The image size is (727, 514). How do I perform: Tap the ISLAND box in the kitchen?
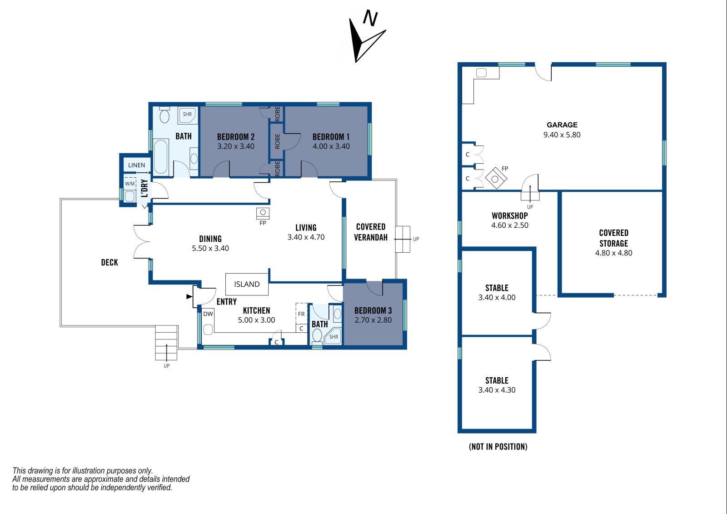(x=247, y=284)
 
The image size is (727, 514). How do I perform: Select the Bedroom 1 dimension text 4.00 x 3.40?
(x=331, y=146)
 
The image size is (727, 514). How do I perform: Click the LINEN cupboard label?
(x=137, y=165)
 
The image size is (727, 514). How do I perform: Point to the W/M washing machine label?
(x=130, y=184)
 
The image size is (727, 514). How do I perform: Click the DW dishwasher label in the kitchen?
(x=208, y=314)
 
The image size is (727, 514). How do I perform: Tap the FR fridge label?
(x=301, y=314)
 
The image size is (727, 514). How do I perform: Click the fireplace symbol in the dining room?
(x=263, y=213)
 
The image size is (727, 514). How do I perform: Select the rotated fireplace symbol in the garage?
(x=496, y=178)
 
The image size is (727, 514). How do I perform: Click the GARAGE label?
(x=562, y=125)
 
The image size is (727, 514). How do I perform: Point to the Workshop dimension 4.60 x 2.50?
(x=509, y=225)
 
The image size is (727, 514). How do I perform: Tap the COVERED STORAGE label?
(x=614, y=238)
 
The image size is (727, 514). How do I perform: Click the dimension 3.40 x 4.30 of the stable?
(x=497, y=390)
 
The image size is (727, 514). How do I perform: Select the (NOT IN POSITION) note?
(x=498, y=447)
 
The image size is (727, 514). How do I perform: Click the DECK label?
(x=110, y=262)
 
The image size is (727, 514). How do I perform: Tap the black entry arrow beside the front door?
(x=189, y=296)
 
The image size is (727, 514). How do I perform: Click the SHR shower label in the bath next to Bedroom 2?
(x=187, y=114)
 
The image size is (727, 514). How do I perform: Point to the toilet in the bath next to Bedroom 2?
(x=164, y=115)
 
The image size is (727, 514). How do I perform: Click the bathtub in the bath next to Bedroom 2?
(x=161, y=157)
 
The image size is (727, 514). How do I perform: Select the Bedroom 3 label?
(x=373, y=311)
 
